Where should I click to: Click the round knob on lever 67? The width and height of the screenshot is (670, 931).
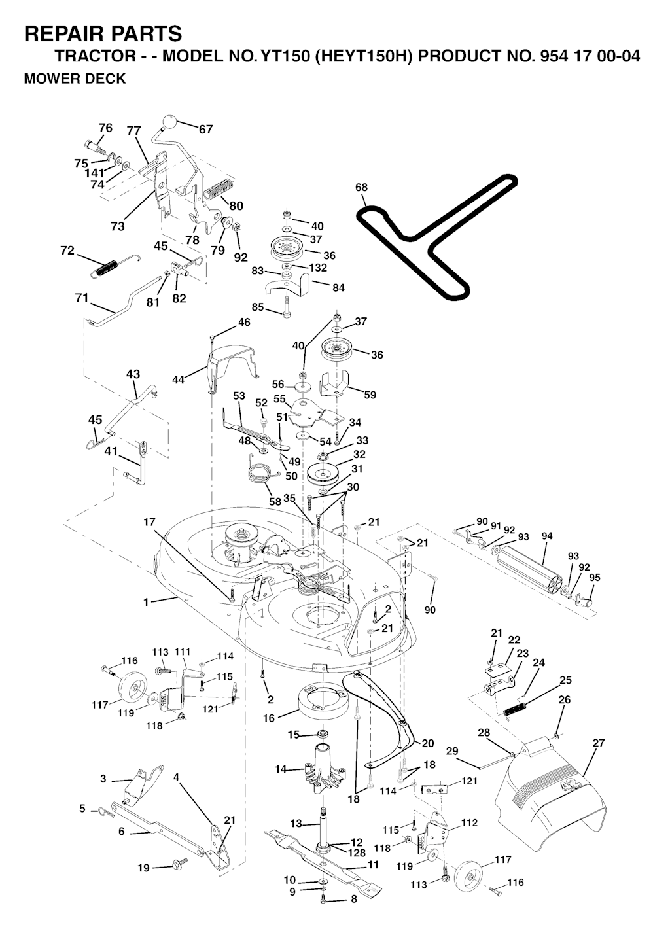(x=169, y=122)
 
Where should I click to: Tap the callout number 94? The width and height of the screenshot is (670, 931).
(x=547, y=536)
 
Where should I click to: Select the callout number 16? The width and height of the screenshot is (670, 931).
(x=269, y=718)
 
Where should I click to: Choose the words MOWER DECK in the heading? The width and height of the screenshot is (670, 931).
(x=75, y=79)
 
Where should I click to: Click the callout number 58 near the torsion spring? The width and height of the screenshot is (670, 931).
(x=275, y=501)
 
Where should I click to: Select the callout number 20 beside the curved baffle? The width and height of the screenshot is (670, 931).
(x=428, y=743)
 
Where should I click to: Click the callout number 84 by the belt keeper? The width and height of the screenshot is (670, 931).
(x=338, y=287)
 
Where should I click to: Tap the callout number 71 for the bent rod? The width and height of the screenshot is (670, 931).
(x=81, y=298)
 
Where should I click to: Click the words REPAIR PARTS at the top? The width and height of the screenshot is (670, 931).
(x=103, y=33)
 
